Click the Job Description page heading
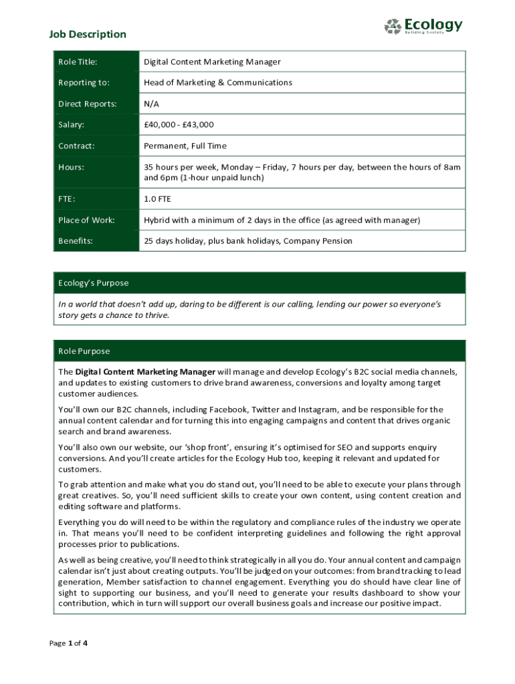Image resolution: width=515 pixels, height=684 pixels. (88, 34)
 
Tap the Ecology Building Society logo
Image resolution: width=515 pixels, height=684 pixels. (423, 27)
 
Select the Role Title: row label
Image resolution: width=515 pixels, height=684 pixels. (78, 62)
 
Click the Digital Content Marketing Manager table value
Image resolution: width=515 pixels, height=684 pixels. (212, 62)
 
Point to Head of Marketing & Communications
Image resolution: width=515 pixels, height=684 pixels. (218, 83)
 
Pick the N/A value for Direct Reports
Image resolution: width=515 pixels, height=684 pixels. (152, 104)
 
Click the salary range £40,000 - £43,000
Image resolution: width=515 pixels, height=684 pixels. (179, 125)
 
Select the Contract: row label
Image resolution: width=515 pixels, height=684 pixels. (76, 146)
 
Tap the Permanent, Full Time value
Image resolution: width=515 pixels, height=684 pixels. (185, 146)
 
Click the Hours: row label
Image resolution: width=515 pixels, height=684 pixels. (72, 167)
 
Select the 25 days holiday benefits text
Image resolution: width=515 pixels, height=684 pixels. (248, 240)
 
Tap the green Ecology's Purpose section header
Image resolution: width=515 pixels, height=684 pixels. (260, 283)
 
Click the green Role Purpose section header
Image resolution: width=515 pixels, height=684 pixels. (260, 351)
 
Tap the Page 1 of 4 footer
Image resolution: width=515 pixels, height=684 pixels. (69, 643)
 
